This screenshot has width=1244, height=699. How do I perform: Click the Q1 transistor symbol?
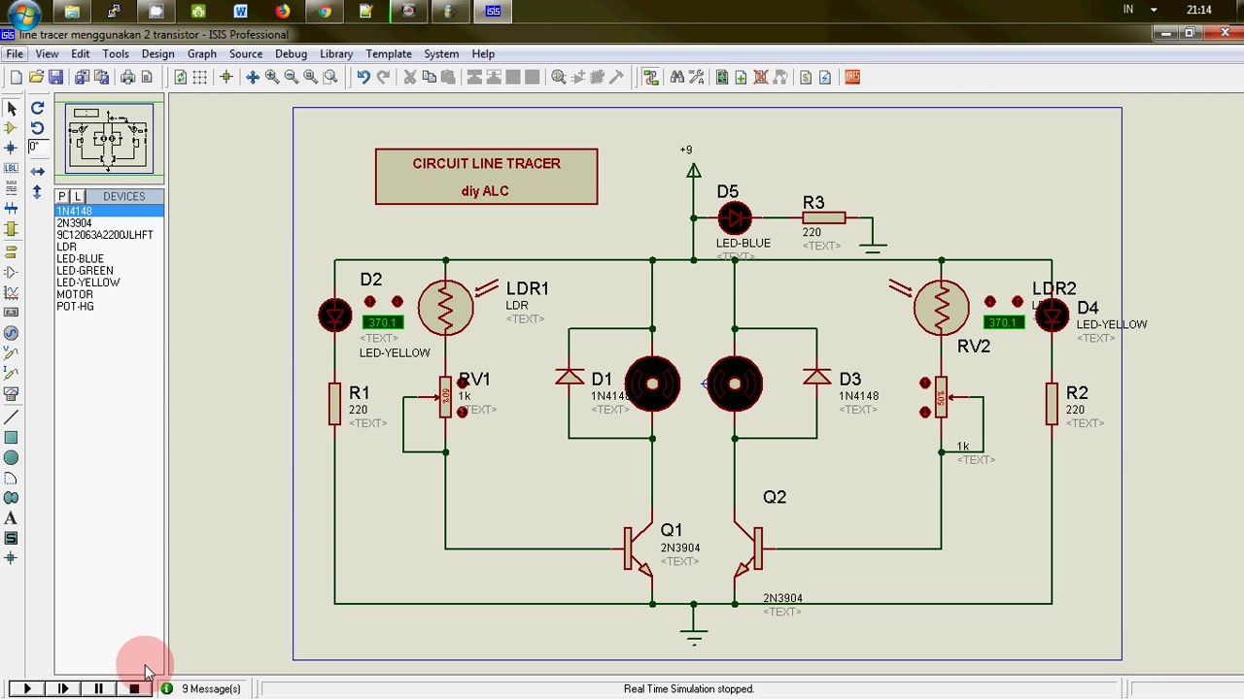(637, 549)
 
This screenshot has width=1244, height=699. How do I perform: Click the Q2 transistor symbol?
(750, 549)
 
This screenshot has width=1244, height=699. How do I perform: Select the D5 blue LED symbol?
(735, 217)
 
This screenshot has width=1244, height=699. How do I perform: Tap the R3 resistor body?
(823, 218)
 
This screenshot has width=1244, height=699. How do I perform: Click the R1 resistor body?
(335, 403)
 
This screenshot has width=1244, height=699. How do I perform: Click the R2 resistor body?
(1052, 403)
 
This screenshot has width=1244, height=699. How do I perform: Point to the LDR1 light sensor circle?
(445, 308)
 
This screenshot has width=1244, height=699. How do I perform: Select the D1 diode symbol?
(570, 377)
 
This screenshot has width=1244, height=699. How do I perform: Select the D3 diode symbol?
(816, 377)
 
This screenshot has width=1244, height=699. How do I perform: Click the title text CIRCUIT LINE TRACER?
(486, 163)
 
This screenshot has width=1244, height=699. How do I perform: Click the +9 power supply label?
(686, 150)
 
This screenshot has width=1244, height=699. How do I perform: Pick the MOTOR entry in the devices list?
(75, 294)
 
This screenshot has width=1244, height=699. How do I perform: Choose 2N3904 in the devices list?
(74, 223)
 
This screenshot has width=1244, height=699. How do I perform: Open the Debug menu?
(291, 54)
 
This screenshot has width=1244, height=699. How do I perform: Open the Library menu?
(336, 54)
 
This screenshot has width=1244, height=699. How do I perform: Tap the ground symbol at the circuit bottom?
(693, 637)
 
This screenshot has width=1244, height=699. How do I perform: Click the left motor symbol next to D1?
(652, 384)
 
